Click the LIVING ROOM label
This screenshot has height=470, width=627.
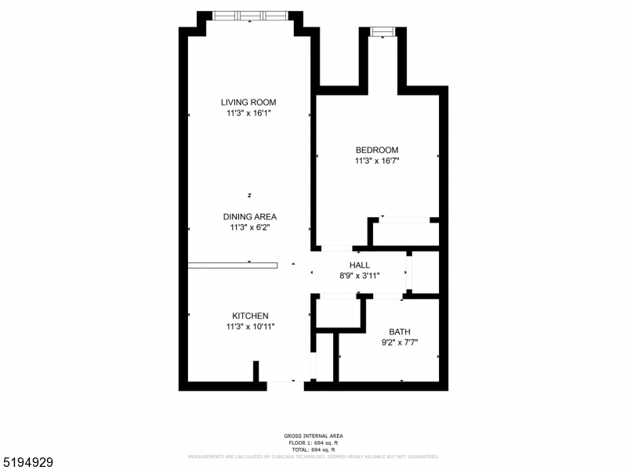[248, 102]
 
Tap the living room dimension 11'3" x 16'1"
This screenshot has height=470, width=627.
[248, 114]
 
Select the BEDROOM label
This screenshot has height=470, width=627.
[377, 150]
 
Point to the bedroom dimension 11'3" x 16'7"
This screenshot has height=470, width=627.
[377, 161]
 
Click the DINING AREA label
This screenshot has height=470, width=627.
[249, 217]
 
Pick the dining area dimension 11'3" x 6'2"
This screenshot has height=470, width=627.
[249, 228]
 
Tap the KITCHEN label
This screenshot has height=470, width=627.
[249, 316]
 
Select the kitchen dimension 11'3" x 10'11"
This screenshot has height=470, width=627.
[249, 327]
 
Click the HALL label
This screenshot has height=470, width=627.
[359, 266]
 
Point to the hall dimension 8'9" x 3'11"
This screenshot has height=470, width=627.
[359, 277]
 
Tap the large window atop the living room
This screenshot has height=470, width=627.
[249, 15]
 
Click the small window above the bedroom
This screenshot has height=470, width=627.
[382, 31]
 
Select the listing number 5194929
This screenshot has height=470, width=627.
[27, 463]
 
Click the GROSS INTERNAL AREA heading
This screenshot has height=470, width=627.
[313, 436]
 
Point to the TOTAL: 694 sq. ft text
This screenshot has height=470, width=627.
[313, 449]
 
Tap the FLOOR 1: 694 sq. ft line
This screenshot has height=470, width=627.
[313, 443]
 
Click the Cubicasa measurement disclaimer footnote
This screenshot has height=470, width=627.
[313, 456]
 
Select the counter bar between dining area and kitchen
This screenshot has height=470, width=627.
[232, 266]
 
